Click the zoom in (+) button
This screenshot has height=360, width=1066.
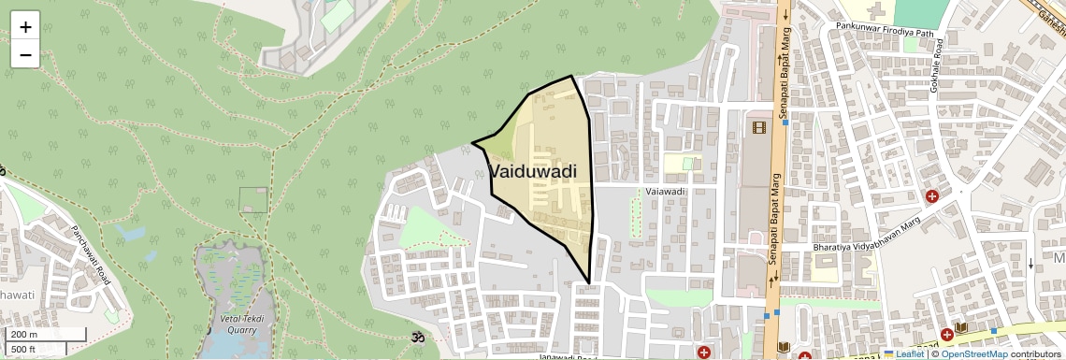point(25,27)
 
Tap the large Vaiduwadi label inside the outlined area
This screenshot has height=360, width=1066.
point(533,171)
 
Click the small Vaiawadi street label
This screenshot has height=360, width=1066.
point(666,192)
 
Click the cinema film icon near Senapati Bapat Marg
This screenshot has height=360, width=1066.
point(758,126)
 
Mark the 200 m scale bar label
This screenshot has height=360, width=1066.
point(23,335)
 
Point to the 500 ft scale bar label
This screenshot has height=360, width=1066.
point(23,350)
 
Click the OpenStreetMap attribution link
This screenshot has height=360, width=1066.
point(973,353)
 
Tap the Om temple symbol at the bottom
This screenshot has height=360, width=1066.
point(417,337)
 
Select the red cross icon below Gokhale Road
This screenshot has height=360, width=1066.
point(932,196)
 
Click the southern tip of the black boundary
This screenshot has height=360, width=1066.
point(589,282)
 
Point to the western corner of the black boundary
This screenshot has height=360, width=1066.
point(472,143)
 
